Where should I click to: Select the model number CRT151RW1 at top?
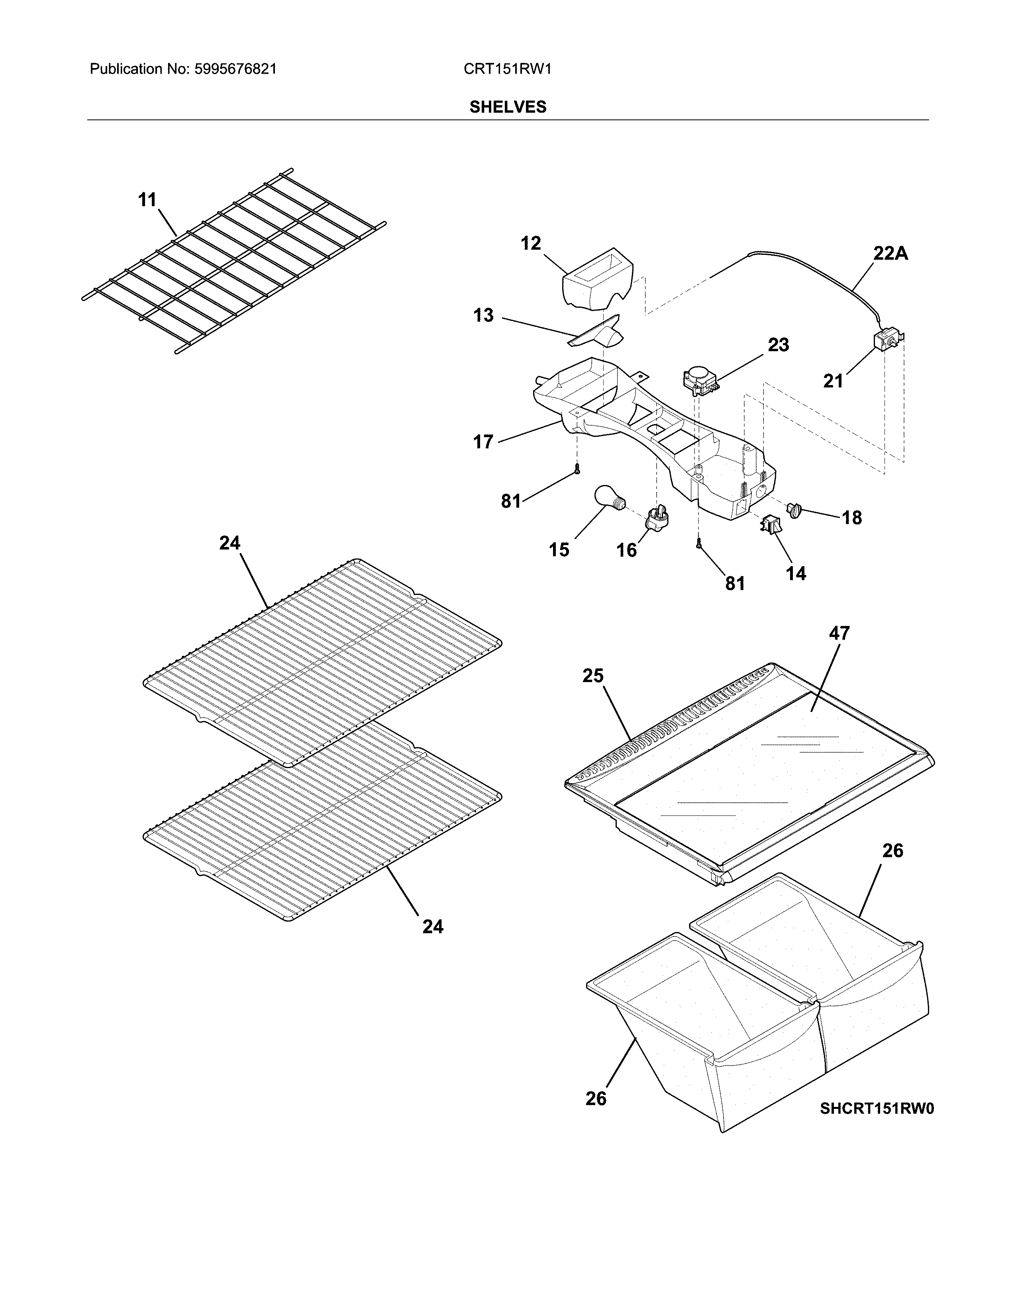click(507, 69)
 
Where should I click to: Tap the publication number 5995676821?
click(235, 69)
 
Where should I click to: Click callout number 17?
click(483, 442)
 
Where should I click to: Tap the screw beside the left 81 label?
click(577, 469)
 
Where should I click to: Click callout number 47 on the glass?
click(839, 634)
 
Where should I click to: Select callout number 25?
click(593, 676)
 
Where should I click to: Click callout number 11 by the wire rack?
click(147, 200)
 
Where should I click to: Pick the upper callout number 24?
click(229, 543)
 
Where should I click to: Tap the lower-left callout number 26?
click(596, 1099)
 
